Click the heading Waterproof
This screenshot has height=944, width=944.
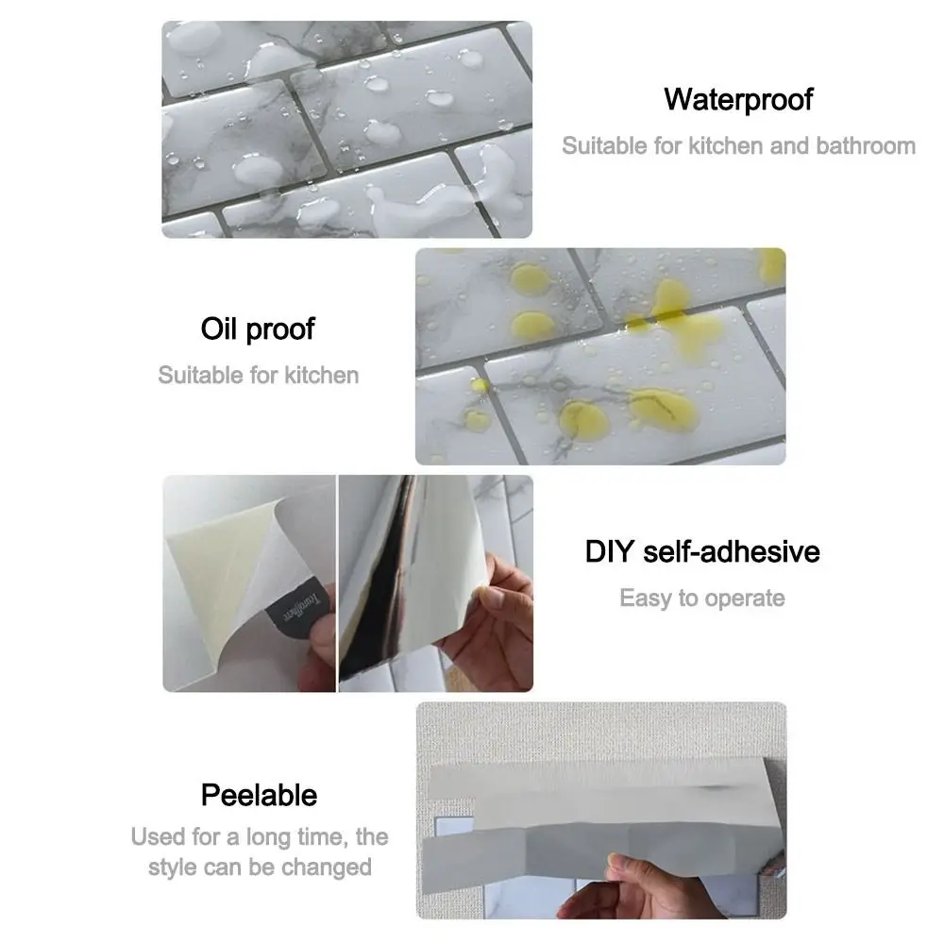(738, 100)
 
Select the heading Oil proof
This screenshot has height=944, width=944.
(258, 329)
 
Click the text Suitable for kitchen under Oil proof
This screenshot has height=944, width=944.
(259, 375)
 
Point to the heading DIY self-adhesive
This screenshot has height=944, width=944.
(702, 551)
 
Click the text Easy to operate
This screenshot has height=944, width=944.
(702, 598)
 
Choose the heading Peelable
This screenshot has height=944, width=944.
(259, 795)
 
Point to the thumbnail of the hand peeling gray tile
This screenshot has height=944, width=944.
(600, 810)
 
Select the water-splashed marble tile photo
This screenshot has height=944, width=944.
(346, 129)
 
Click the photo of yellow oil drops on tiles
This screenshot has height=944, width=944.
(600, 357)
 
